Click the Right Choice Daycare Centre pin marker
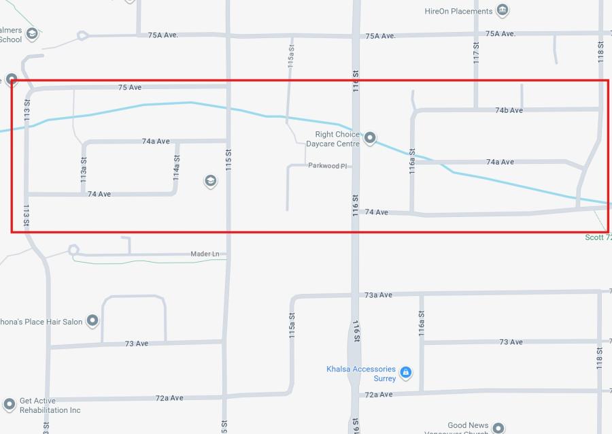pyautogui.click(x=370, y=139)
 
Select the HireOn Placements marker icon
pyautogui.click(x=503, y=10)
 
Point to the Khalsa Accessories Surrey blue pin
pyautogui.click(x=405, y=372)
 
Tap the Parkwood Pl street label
pyautogui.click(x=328, y=165)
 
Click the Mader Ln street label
pyautogui.click(x=205, y=254)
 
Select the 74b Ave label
pyautogui.click(x=509, y=110)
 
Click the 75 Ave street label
pyautogui.click(x=129, y=87)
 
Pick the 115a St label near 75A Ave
pyautogui.click(x=291, y=54)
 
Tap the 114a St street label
pyautogui.click(x=177, y=167)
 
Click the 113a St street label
pyautogui.click(x=84, y=170)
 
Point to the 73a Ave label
pyautogui.click(x=378, y=295)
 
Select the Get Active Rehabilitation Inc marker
pyautogui.click(x=10, y=404)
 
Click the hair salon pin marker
pyautogui.click(x=92, y=320)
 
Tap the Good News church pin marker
pyautogui.click(x=498, y=428)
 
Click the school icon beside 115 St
pyautogui.click(x=210, y=181)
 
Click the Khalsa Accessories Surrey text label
pyautogui.click(x=361, y=373)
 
